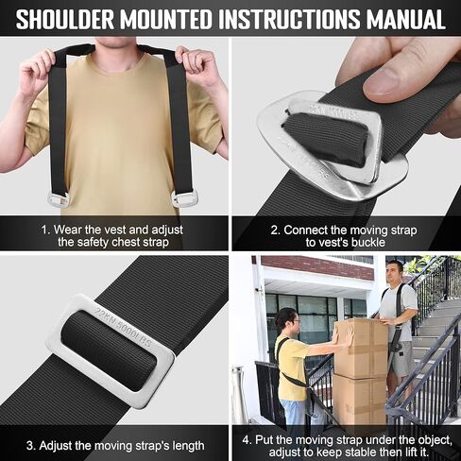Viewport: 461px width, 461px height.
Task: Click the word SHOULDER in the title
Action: (x=65, y=19)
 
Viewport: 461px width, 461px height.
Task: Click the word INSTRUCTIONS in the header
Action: (x=289, y=19)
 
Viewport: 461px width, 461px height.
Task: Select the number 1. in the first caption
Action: (x=45, y=230)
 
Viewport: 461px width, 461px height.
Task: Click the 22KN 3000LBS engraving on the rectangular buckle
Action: (x=123, y=327)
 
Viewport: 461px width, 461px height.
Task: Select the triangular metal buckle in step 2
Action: (x=331, y=145)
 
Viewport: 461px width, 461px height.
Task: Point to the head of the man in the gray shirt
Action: (x=394, y=272)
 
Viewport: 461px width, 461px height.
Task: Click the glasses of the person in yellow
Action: (x=295, y=321)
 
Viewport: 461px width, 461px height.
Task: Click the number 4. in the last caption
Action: (x=247, y=439)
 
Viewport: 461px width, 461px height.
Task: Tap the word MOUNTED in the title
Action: (x=166, y=19)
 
